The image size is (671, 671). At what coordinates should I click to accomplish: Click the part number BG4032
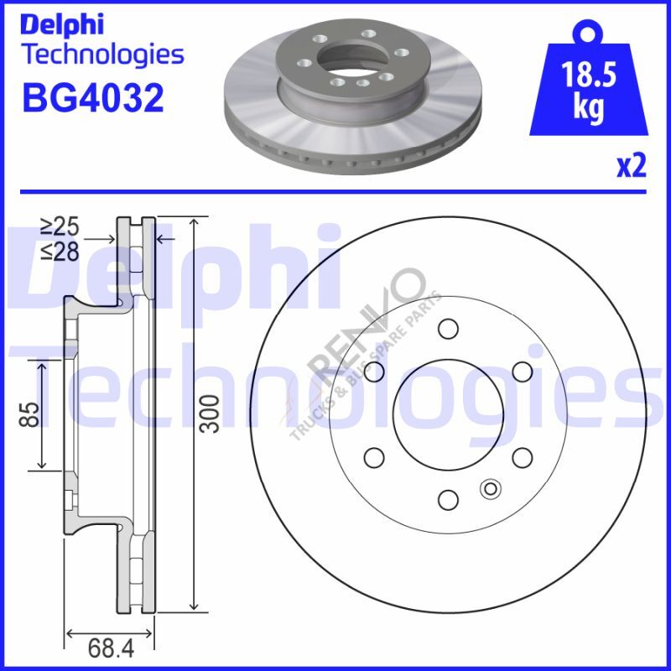coord(92,98)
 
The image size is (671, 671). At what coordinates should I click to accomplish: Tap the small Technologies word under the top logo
coord(102,55)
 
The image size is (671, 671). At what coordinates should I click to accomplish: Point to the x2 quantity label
coord(631,167)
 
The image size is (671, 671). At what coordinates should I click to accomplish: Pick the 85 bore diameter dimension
coord(30,414)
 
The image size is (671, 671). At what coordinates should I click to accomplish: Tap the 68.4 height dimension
coord(111,648)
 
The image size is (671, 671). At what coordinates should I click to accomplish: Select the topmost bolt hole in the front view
coord(449,328)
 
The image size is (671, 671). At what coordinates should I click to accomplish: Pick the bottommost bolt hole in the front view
coord(449,500)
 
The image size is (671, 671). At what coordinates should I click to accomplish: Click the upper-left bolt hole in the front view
coord(374,371)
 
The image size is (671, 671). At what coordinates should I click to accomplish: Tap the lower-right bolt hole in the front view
coord(522,456)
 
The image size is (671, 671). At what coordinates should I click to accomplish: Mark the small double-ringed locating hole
coord(489,488)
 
